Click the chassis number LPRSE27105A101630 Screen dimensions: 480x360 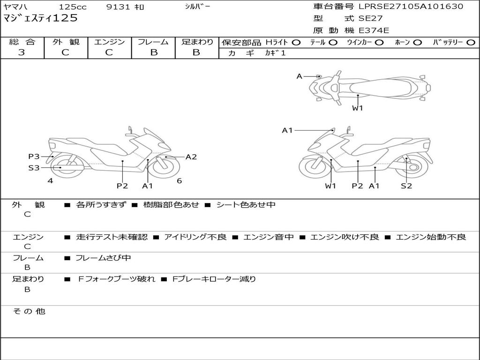point(411,7)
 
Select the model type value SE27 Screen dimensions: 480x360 point(370,19)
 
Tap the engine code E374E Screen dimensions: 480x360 point(374,30)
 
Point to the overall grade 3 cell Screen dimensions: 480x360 point(22,52)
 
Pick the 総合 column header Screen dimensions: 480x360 point(22,42)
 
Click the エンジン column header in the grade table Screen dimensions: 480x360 point(109,42)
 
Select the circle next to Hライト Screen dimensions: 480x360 point(296,42)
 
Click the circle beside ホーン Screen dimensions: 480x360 point(417,42)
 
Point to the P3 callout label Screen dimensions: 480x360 point(33,157)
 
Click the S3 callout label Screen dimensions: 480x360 point(33,167)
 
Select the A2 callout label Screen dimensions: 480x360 point(191,157)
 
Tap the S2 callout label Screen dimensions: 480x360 point(406,186)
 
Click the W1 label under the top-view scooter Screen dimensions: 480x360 point(358,108)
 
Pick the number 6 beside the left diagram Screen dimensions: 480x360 point(179,181)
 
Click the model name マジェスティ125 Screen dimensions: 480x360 point(40,18)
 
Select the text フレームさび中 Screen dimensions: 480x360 point(103,258)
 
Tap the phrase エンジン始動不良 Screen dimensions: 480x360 point(431,237)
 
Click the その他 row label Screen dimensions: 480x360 point(29,311)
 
